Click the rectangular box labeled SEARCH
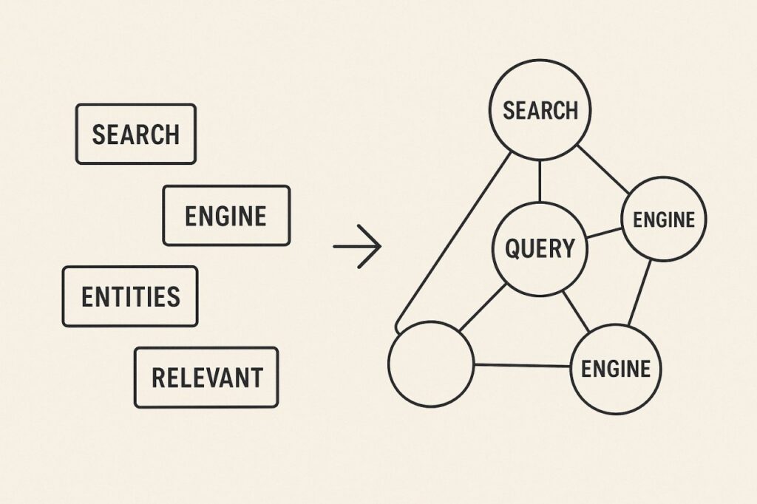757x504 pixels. tap(136, 134)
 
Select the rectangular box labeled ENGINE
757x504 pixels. tap(226, 215)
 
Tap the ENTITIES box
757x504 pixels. tap(130, 296)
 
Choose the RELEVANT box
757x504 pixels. tap(206, 377)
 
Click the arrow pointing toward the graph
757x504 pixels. tap(357, 246)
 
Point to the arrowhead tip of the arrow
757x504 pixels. tap(380, 246)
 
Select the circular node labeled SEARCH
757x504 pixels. tap(540, 110)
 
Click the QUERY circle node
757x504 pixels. tap(540, 248)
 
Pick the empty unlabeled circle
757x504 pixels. tap(431, 364)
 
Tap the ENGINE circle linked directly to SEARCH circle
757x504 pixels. tap(664, 219)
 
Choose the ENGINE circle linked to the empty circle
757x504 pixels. tap(617, 368)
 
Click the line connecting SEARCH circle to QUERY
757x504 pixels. tap(540, 180)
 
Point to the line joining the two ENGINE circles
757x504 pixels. tap(640, 293)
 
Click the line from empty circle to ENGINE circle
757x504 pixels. tap(523, 365)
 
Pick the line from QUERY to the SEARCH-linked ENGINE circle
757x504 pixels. tap(603, 234)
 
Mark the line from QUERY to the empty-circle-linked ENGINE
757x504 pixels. tap(576, 310)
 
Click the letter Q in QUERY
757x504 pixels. tap(513, 248)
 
